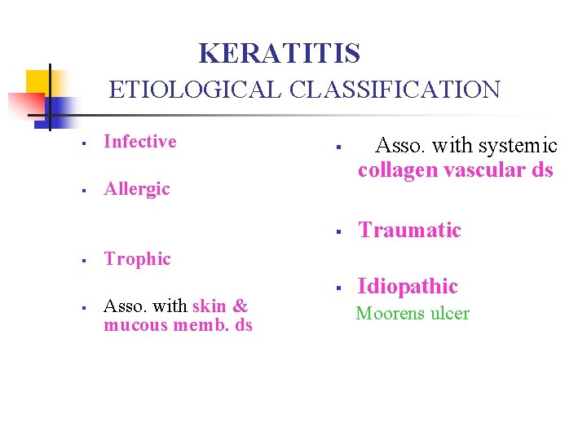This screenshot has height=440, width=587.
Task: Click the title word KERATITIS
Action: (279, 54)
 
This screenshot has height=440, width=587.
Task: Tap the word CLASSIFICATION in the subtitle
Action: (394, 89)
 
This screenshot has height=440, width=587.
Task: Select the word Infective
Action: (139, 142)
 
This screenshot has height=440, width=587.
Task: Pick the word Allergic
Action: (136, 189)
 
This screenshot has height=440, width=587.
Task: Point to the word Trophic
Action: (137, 259)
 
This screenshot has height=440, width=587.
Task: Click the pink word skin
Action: (209, 306)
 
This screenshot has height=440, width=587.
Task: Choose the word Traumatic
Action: (409, 231)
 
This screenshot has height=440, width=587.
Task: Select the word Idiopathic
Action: (407, 287)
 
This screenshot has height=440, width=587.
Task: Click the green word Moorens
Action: (386, 314)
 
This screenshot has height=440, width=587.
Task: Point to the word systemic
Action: (518, 146)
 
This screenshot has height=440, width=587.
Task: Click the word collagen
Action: (395, 170)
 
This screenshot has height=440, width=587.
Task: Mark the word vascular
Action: (482, 170)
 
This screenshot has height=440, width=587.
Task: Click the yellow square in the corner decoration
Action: (37, 82)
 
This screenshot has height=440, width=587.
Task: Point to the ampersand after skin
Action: (240, 306)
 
